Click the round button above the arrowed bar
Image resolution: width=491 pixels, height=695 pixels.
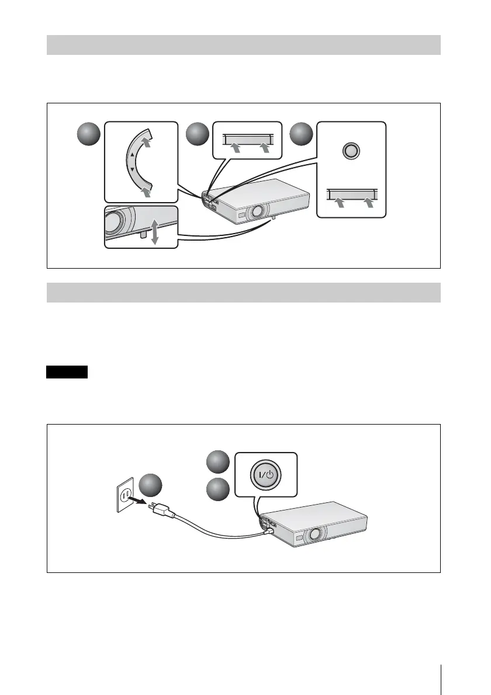[x=351, y=150]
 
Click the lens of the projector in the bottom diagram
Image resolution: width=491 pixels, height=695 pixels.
[x=316, y=533]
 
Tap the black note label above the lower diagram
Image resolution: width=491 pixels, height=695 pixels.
[x=67, y=372]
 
